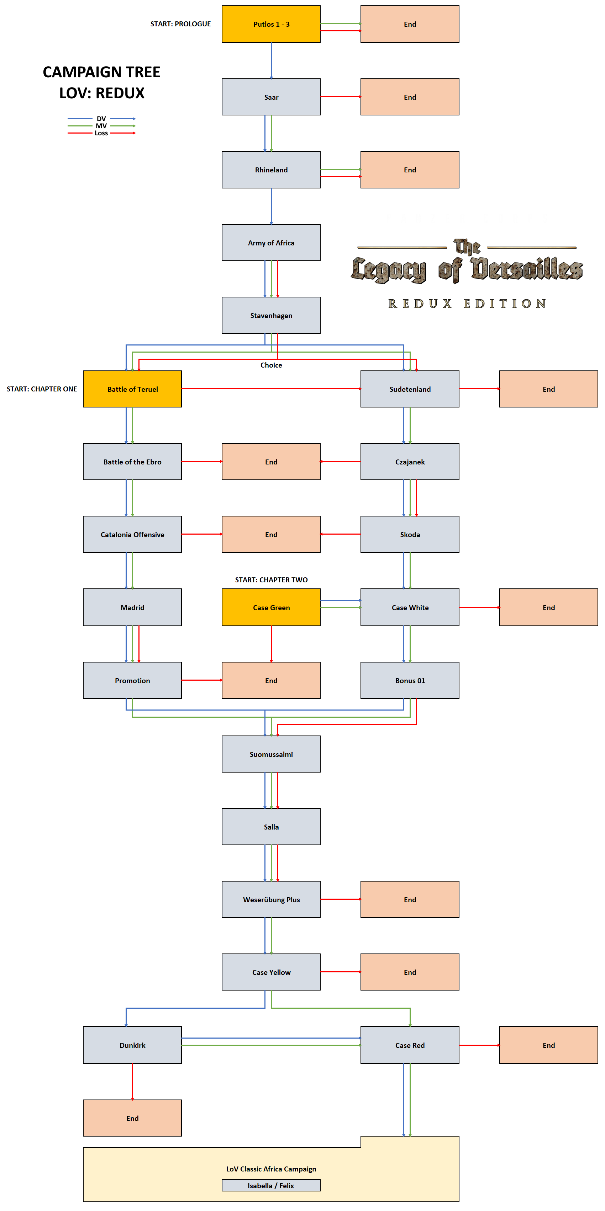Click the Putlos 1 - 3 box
[x=271, y=24]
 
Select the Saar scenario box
[x=271, y=97]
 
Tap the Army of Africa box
[x=271, y=243]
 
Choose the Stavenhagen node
[x=271, y=316]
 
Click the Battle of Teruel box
[x=132, y=389]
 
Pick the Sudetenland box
[x=410, y=389]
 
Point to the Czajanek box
[x=410, y=462]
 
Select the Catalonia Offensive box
[x=132, y=535]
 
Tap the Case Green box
[x=271, y=607]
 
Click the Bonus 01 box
[x=410, y=680]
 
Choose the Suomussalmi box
[x=271, y=754]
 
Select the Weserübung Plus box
[x=271, y=899]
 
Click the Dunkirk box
[x=132, y=1045]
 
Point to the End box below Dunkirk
[x=132, y=1118]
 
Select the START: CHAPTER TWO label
[x=271, y=579]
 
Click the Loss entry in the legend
[x=101, y=133]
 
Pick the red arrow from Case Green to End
[x=271, y=644]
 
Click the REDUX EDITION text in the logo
[x=467, y=304]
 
